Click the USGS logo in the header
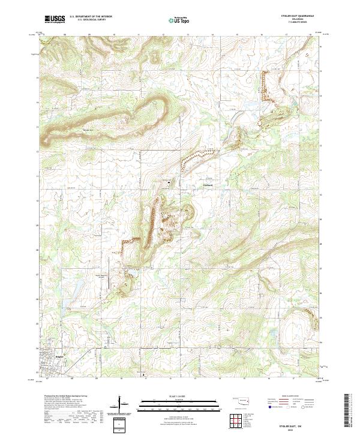point(55,20)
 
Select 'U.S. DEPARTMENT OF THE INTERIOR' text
point(91,16)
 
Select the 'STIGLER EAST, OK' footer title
point(293,423)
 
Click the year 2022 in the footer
point(293,428)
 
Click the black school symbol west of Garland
point(169,181)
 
